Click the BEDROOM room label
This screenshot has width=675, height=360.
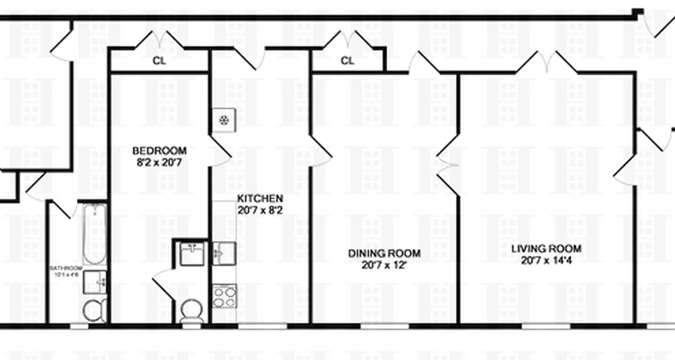tap(159, 151)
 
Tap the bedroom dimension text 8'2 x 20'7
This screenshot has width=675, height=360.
tap(159, 162)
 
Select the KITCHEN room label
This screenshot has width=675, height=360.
tap(260, 198)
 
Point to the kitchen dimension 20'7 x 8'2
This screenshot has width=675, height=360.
tap(260, 210)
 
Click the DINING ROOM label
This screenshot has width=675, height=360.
tap(384, 253)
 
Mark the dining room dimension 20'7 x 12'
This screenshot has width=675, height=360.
tap(384, 265)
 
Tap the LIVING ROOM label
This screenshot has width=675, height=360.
tap(546, 248)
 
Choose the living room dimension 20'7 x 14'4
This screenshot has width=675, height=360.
tap(546, 260)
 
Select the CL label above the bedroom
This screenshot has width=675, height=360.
tap(159, 61)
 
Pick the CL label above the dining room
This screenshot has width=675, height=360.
tap(347, 61)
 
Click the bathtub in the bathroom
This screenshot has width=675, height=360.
tap(94, 234)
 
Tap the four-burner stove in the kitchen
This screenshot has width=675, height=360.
tap(224, 296)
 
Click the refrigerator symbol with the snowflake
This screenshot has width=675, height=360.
tap(223, 120)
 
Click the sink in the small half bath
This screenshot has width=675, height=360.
tap(193, 253)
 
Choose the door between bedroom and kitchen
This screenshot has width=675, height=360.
tap(220, 153)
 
